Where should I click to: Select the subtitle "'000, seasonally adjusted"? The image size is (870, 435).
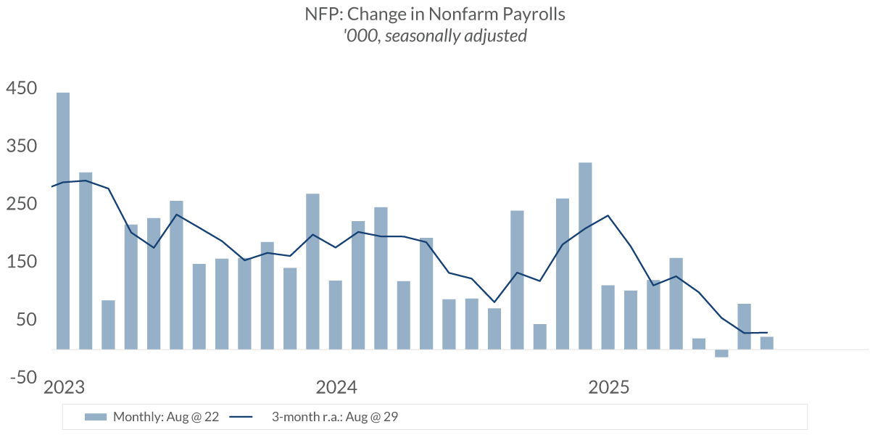pos(435,36)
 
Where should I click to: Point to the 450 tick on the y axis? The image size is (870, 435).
pos(21,88)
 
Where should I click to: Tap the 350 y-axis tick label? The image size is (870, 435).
pos(21,146)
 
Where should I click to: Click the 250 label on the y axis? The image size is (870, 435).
pos(21,204)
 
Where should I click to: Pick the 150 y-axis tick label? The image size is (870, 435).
pos(21,262)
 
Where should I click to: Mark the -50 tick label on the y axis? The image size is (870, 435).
pos(21,377)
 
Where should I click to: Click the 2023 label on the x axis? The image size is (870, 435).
pos(65,387)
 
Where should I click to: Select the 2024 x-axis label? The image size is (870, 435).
pos(336,387)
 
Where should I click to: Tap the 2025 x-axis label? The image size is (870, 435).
pos(608,387)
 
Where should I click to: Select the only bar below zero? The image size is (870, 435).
pos(721,353)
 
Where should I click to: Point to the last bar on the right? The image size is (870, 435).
pos(766,343)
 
